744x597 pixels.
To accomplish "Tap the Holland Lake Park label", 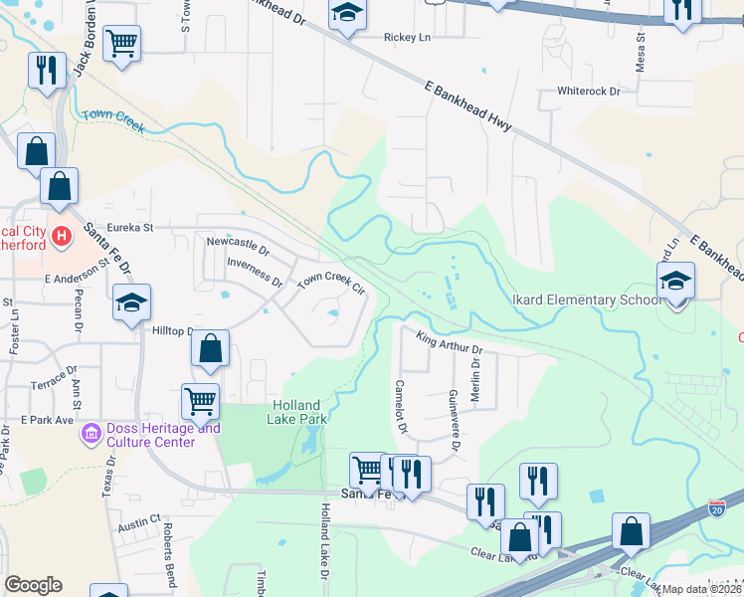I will click(x=295, y=412).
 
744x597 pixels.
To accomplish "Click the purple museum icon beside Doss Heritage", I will click(x=92, y=434).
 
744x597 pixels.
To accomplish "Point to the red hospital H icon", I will click(x=62, y=236).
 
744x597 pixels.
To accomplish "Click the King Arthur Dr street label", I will click(x=449, y=344).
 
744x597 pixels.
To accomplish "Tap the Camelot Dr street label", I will click(x=401, y=406).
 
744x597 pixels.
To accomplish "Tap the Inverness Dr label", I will click(x=256, y=271).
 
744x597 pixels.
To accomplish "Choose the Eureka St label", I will click(x=132, y=228).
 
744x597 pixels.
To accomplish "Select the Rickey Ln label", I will click(x=408, y=38).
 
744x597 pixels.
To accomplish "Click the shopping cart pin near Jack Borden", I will click(x=121, y=43).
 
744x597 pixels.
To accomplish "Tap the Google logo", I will click(x=34, y=585).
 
